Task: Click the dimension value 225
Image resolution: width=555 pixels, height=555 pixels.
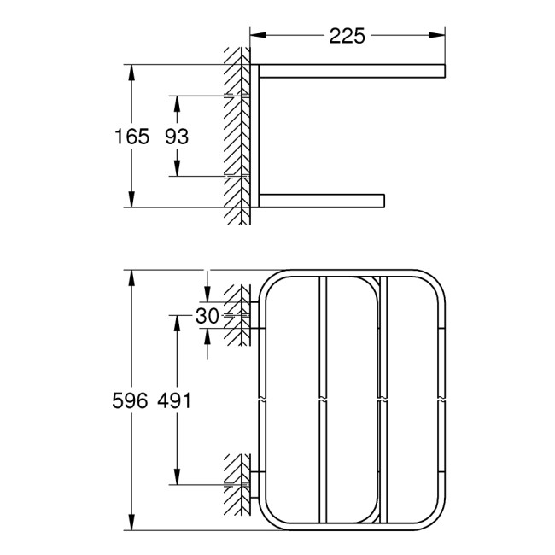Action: click(x=347, y=35)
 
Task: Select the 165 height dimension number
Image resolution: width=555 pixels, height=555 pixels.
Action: click(x=132, y=136)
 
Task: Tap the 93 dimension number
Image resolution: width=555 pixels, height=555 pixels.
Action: click(x=177, y=136)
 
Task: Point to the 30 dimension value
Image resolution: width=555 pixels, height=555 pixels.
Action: click(x=207, y=316)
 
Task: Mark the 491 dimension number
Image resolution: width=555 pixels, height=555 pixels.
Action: click(x=177, y=400)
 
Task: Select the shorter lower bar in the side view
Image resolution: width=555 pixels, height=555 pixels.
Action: click(x=320, y=201)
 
